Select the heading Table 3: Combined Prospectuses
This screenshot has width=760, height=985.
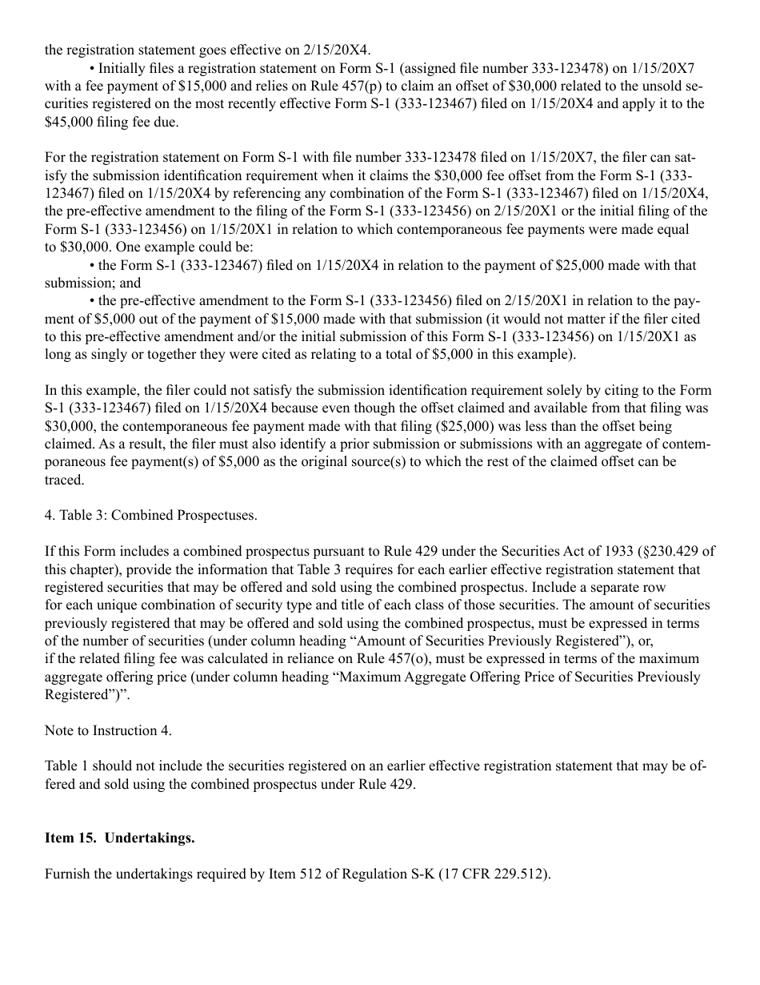pyautogui.click(x=151, y=515)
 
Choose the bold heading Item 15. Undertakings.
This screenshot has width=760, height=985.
pyautogui.click(x=120, y=838)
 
